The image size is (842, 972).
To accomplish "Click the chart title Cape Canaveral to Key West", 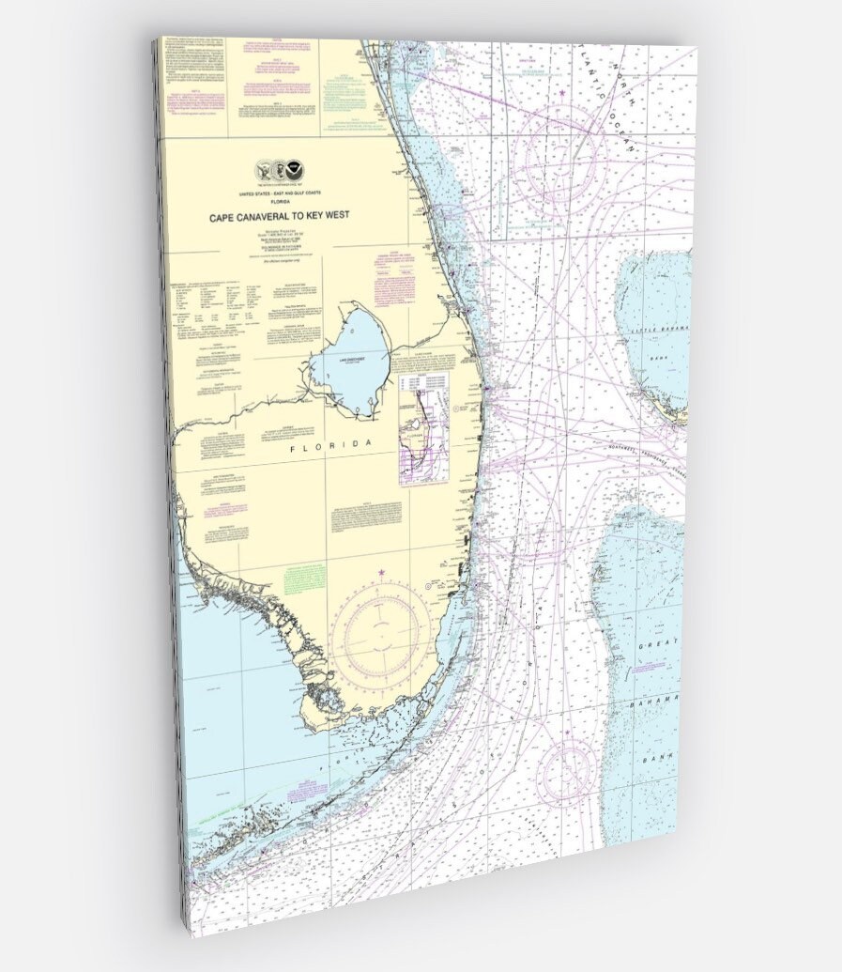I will [x=280, y=216].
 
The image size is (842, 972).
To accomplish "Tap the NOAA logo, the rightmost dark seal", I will [x=296, y=170].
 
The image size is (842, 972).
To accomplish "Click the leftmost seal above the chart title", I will [x=265, y=170].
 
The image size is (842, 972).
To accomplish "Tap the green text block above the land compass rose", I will [x=306, y=578].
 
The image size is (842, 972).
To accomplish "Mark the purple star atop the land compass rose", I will [x=381, y=573].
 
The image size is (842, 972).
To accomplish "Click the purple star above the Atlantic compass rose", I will [x=562, y=93].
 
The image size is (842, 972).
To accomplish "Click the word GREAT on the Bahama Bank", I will [x=656, y=647].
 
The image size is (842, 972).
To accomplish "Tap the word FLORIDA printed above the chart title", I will [x=279, y=201].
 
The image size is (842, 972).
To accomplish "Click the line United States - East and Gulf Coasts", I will [x=279, y=193].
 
